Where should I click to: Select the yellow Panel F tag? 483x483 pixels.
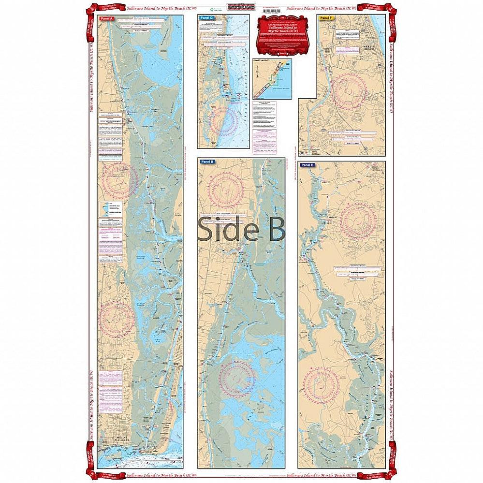click(326, 18)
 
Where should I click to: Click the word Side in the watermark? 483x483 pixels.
click(227, 229)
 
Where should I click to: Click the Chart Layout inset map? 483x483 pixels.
click(272, 79)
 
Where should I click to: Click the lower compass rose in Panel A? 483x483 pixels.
click(117, 319)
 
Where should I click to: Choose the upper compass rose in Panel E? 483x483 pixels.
click(358, 221)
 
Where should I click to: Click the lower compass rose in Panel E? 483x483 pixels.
click(322, 384)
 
